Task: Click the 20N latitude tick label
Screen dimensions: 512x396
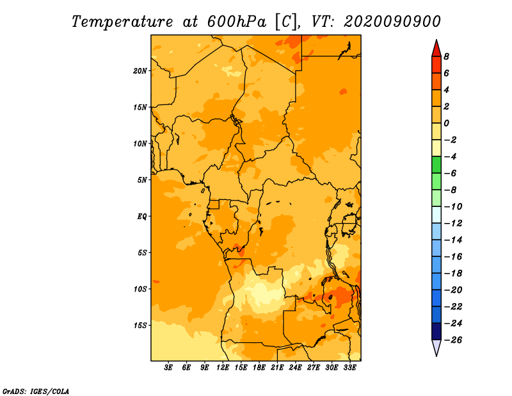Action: [x=140, y=71]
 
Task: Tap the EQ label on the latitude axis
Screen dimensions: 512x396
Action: [x=142, y=217]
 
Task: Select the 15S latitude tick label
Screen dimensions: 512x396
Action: [x=140, y=326]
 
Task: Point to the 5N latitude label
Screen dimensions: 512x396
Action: [x=142, y=180]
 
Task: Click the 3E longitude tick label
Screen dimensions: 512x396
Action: [x=168, y=368]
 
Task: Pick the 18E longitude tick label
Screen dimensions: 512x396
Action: [x=259, y=368]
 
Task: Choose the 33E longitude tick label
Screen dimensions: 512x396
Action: [x=349, y=368]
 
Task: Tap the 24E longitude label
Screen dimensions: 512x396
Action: [x=295, y=368]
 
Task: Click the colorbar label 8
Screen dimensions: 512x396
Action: [x=446, y=56]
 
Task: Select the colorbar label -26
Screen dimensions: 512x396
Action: [x=453, y=340]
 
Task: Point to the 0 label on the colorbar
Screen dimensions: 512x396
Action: [x=446, y=123]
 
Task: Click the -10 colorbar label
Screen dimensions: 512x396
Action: [x=453, y=207]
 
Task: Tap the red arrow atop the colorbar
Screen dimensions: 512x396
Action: [x=436, y=49]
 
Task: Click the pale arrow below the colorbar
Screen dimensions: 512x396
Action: [x=436, y=347]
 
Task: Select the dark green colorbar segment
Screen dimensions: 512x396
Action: [x=436, y=165]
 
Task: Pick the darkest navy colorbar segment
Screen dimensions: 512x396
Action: [x=436, y=331]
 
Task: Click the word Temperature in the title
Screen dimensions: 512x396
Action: [x=122, y=22]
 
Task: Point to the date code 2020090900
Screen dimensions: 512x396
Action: [x=392, y=22]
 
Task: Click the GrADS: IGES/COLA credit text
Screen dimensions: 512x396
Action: [x=36, y=392]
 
